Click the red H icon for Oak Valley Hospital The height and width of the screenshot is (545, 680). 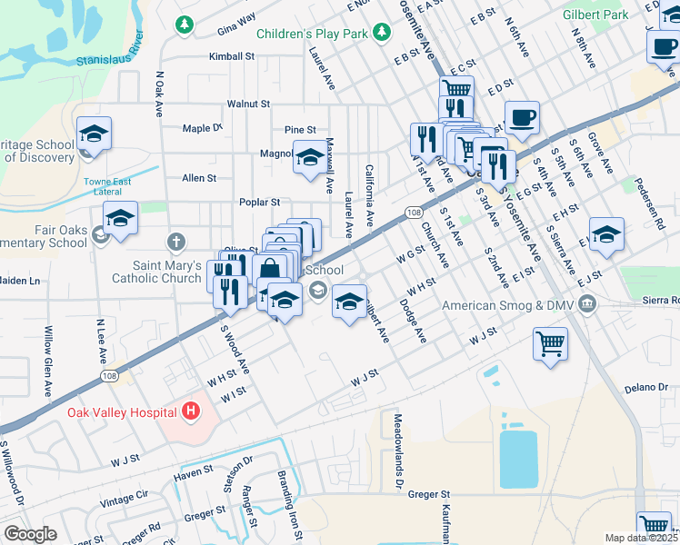coord(190,412)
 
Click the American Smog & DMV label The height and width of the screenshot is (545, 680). coord(508,305)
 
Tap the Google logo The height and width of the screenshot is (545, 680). coord(30,534)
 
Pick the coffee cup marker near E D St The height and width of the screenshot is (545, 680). coord(522,118)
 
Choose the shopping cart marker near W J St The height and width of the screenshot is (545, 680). coord(550,344)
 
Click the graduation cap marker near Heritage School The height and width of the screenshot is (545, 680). coord(94,134)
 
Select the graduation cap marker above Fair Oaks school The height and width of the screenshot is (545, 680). coord(120,219)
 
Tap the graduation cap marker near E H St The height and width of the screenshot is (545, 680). coord(606,235)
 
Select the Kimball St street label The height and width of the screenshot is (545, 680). coord(231,56)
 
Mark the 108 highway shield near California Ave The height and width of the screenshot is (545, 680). coord(414,212)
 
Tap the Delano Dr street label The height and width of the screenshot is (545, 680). coord(646,388)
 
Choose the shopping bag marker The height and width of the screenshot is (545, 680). coord(270,270)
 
